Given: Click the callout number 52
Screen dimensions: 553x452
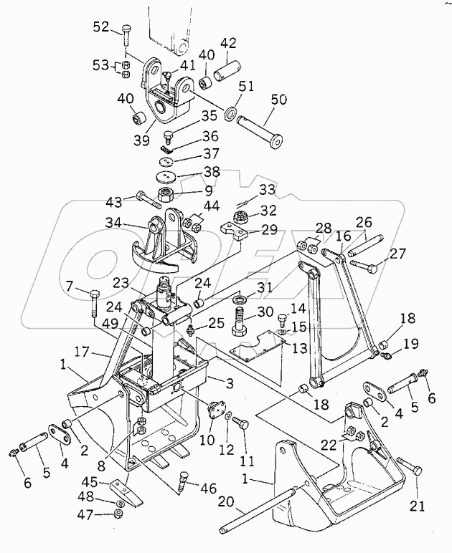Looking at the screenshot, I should [102, 28].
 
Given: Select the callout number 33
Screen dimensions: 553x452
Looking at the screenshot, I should [248, 191].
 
